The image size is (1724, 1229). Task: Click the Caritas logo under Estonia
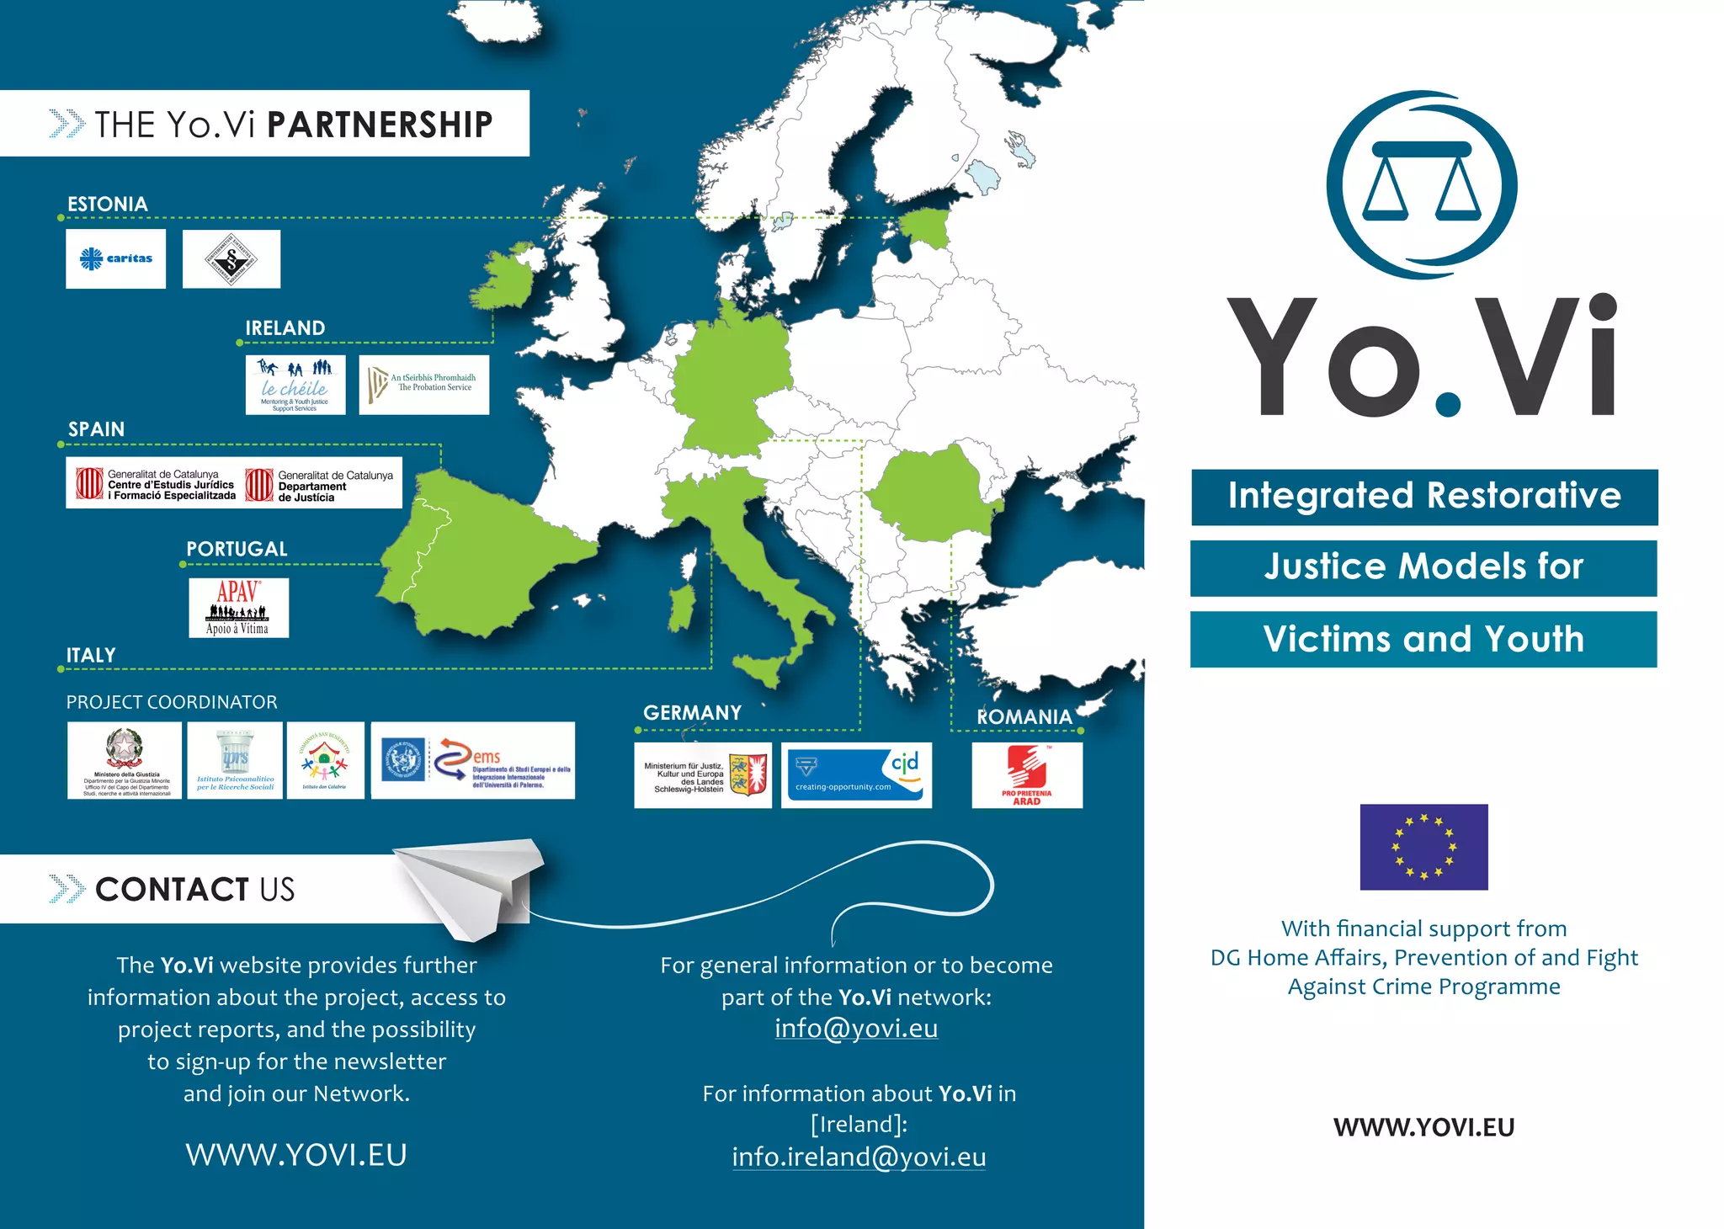pos(116,258)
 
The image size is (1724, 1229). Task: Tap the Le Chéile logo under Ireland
pos(295,385)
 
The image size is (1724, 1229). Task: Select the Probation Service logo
pos(424,385)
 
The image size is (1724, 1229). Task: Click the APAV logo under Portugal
pos(238,607)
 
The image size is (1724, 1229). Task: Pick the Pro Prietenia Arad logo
pos(1027,775)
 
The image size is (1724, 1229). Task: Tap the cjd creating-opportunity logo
pos(856,775)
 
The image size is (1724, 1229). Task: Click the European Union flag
pos(1423,847)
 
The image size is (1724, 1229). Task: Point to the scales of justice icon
pos(1422,184)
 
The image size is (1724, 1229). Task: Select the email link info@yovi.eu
pos(856,1029)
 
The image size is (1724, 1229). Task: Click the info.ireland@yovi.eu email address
pos(859,1157)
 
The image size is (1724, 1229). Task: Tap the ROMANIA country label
pos(1024,717)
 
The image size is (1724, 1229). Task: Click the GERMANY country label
pos(692,713)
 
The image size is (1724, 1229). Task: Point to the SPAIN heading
pos(96,429)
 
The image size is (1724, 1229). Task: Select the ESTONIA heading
pos(108,205)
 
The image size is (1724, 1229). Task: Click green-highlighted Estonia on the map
pos(926,227)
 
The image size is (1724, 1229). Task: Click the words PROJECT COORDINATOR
pos(172,702)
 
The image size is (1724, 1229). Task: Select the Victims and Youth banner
pos(1423,640)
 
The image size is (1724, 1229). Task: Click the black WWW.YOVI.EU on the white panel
pos(1423,1127)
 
